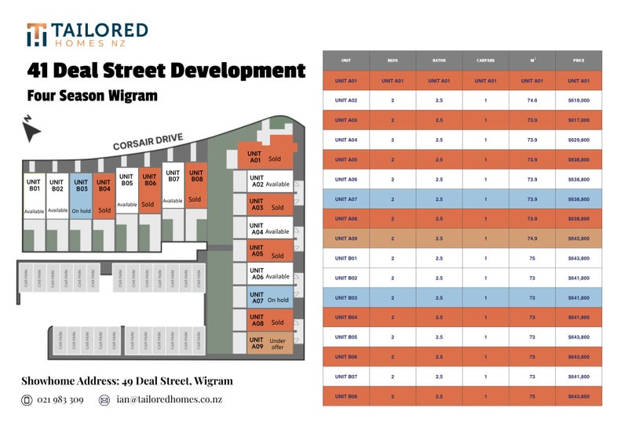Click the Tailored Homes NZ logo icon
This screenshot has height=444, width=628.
[x=36, y=35]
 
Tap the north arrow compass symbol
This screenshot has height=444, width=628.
[x=32, y=130]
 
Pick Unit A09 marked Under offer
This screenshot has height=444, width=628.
[x=268, y=342]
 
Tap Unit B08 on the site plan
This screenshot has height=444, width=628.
[x=195, y=188]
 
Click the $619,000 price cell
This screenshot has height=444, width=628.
[x=578, y=100]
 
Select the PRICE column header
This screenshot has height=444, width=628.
[x=578, y=60]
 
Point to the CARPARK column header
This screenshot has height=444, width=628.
[x=485, y=60]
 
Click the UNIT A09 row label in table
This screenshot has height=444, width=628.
[x=346, y=238]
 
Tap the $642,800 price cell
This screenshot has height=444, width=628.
[x=578, y=238]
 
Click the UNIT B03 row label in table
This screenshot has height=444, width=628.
[x=346, y=297]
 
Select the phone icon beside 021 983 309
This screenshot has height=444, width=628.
[x=27, y=400]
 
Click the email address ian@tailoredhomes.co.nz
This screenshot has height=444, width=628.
[x=169, y=400]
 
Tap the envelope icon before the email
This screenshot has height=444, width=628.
[x=104, y=400]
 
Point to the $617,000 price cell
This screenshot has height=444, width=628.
[x=578, y=120]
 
